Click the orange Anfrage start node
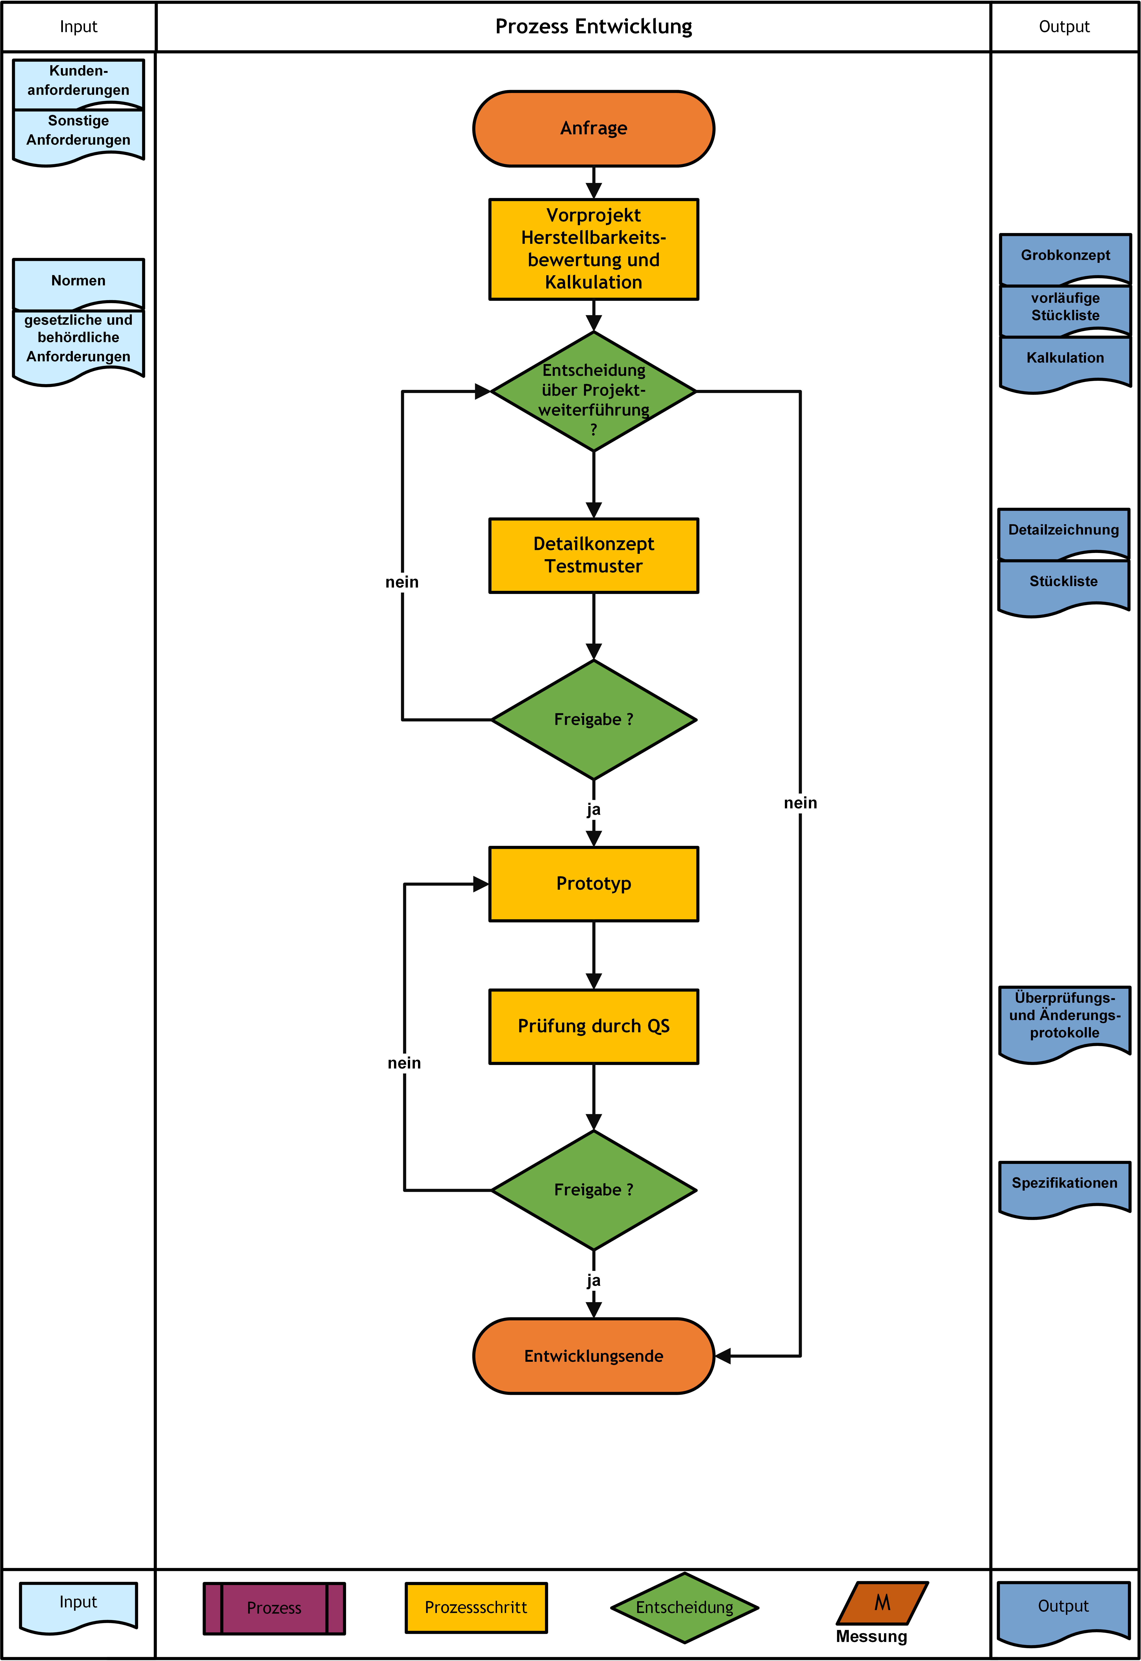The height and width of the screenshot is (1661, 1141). coord(593,129)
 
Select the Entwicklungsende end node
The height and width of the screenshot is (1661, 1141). coord(593,1356)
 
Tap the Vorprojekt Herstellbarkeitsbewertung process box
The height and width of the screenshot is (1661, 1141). coord(593,249)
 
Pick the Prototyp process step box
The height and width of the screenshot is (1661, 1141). coord(593,884)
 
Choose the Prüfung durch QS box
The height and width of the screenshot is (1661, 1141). coord(593,1026)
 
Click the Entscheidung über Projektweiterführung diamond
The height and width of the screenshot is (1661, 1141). coord(593,391)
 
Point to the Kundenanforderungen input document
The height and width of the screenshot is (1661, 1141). coord(79,82)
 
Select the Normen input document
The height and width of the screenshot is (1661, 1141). coord(79,282)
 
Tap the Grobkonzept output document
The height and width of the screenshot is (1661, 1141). coord(1065,257)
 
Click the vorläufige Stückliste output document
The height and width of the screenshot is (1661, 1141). coord(1065,309)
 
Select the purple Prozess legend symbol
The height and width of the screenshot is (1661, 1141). coord(275,1608)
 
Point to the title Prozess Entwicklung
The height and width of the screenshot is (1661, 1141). coord(593,26)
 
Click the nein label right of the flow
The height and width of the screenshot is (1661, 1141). coord(800,803)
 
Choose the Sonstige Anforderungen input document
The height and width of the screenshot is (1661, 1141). coord(79,136)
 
